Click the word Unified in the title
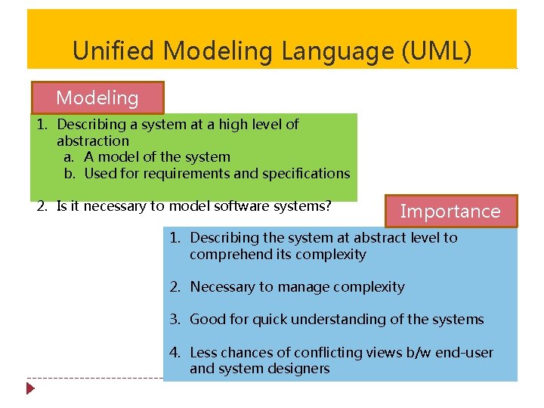114,51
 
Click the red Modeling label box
97,97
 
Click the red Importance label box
450,212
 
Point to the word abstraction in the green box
93,141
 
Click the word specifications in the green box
305,174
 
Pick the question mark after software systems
329,206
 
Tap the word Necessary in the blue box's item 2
223,287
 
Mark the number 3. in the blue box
175,320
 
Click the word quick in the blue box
265,320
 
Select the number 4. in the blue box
175,353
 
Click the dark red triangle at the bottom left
30,389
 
